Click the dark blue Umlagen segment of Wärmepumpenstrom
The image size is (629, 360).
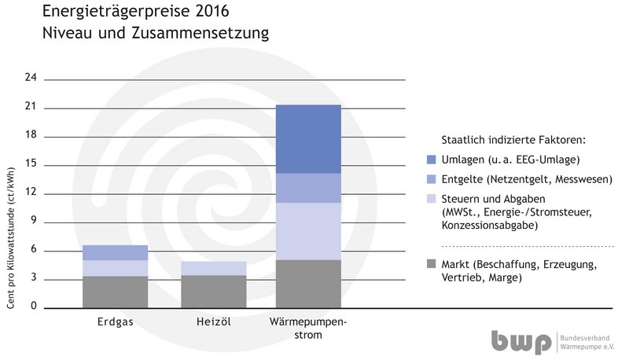click(308, 139)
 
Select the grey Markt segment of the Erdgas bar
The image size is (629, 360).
click(115, 291)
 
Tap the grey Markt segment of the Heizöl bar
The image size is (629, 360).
click(214, 291)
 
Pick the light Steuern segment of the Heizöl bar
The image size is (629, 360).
click(214, 268)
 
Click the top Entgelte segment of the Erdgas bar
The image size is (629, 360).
click(115, 252)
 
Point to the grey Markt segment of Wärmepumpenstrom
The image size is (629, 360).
click(308, 283)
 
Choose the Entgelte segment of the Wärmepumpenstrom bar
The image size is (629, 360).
click(308, 188)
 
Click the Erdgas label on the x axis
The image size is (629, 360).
click(115, 321)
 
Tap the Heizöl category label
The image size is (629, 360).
click(214, 321)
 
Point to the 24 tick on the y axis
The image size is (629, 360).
click(31, 79)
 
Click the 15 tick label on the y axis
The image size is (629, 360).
click(31, 164)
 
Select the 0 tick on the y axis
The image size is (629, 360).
click(34, 307)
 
